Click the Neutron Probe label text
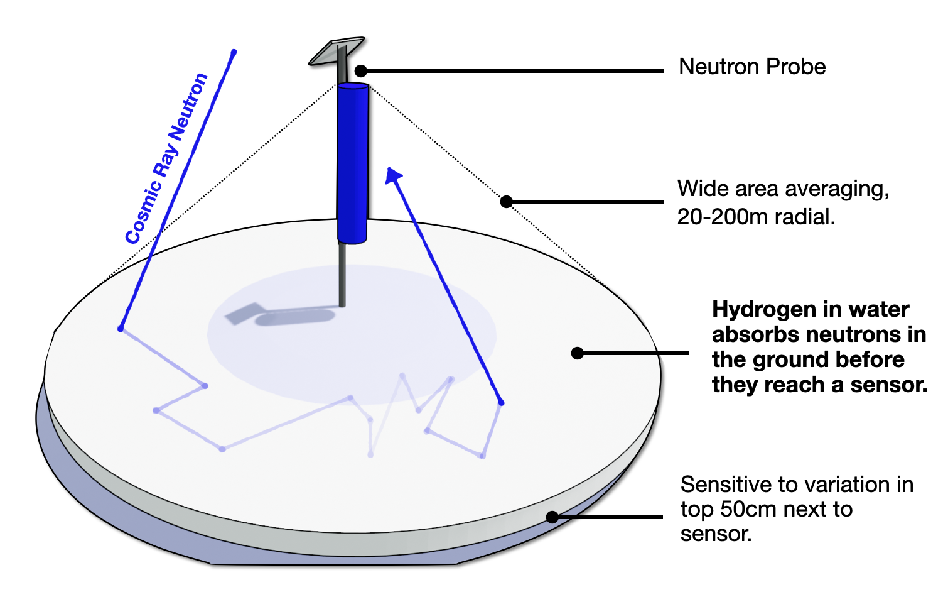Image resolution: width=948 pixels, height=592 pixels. click(x=751, y=67)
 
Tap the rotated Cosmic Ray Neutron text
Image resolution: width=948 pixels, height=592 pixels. click(x=166, y=158)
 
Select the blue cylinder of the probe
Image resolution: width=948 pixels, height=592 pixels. click(x=353, y=163)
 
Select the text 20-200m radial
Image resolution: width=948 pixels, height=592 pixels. click(x=756, y=217)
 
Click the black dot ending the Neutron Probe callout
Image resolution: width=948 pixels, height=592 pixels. click(x=360, y=71)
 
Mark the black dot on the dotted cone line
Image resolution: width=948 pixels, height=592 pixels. click(x=507, y=202)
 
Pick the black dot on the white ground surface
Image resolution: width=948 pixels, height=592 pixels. click(x=578, y=353)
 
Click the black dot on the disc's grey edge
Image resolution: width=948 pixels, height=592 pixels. click(x=552, y=517)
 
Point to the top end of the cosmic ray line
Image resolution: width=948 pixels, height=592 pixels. click(x=234, y=52)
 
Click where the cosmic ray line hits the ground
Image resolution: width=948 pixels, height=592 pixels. click(x=121, y=329)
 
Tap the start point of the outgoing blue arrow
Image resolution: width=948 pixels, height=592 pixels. click(x=501, y=402)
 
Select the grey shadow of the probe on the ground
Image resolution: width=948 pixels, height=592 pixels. click(x=283, y=314)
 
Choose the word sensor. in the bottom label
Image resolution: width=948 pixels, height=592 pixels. click(x=716, y=534)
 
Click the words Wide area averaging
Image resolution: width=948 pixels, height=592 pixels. click(x=782, y=189)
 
